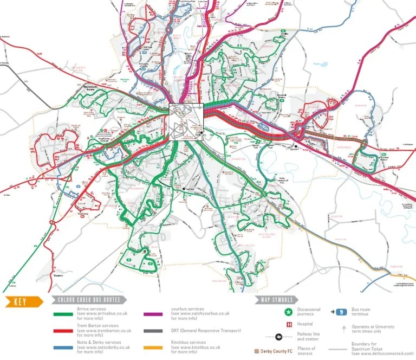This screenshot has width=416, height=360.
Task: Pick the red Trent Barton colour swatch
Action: [x=64, y=329]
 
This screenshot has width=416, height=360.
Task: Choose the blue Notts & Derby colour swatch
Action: [x=64, y=345]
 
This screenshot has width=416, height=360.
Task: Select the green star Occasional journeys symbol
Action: [x=287, y=312]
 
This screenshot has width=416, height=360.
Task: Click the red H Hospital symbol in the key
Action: [x=289, y=324]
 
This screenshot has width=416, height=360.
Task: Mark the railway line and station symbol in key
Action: [x=278, y=336]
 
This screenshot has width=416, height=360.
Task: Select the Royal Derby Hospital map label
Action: [x=108, y=139]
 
